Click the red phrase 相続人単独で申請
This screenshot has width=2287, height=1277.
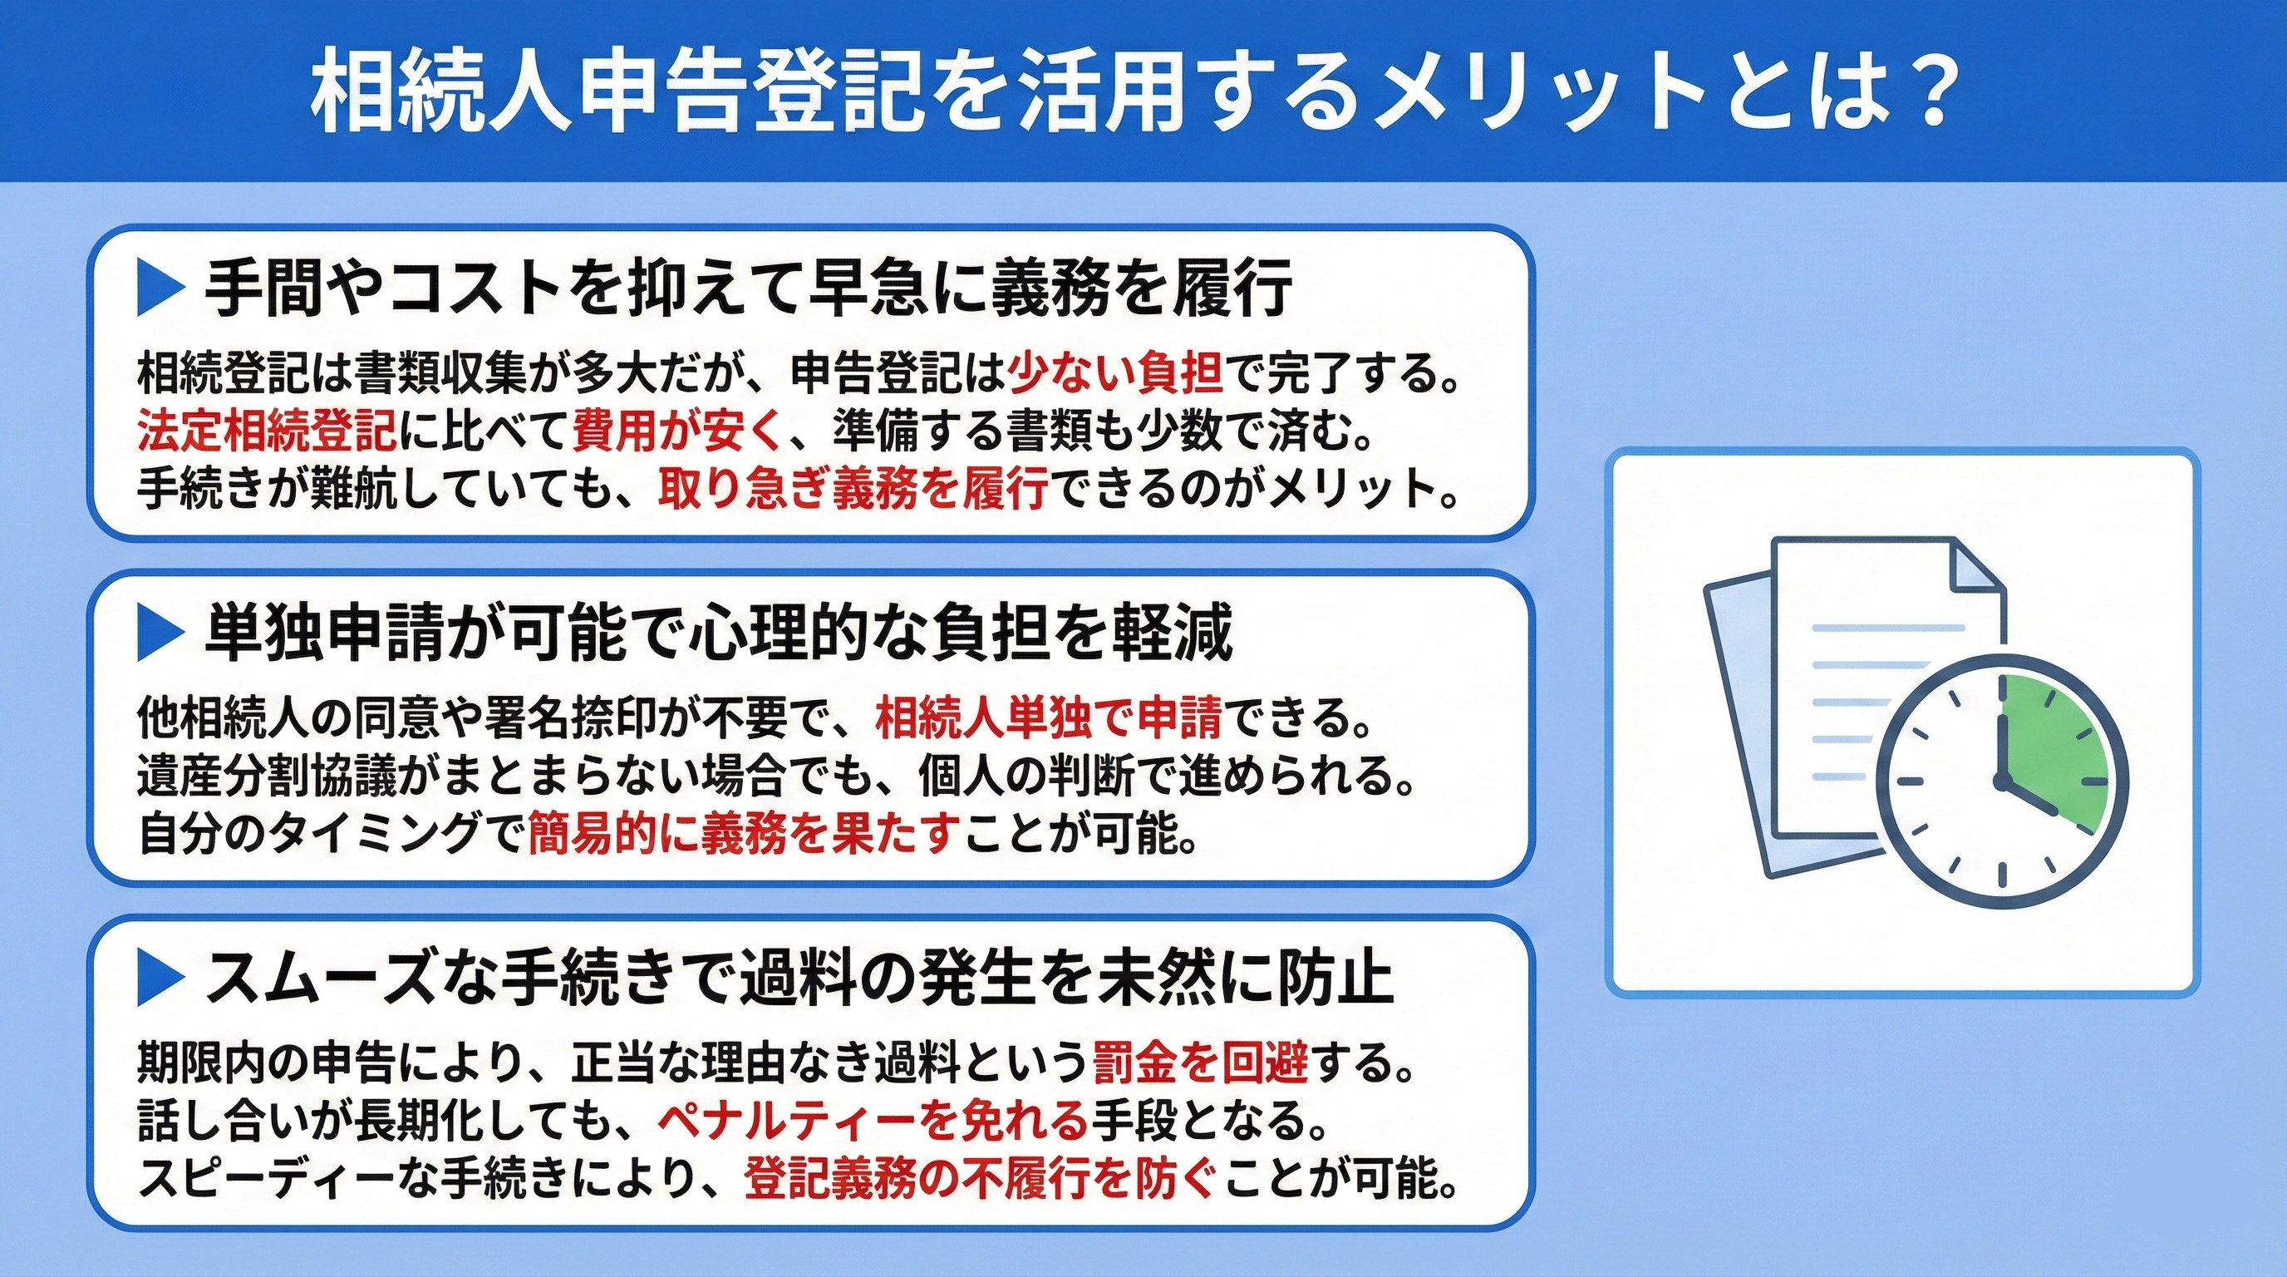point(1049,718)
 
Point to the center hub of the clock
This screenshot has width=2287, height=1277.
point(2002,781)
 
